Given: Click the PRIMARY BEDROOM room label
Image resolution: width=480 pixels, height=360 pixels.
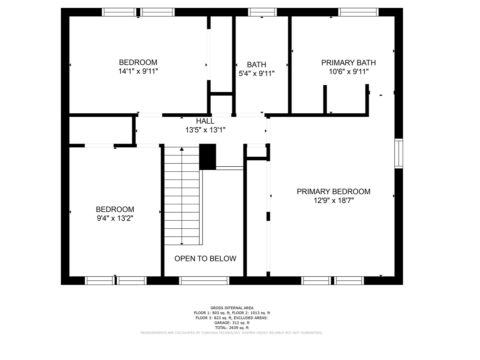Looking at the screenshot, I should coord(333,192).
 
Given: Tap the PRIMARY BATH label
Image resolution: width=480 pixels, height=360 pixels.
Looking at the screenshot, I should coord(348,63).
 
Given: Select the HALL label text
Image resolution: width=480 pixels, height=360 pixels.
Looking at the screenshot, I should coord(205,121).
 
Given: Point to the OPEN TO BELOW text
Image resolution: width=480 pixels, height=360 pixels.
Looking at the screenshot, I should coord(205,259).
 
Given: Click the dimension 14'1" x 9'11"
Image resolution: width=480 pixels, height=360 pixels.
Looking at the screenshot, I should coord(138,71).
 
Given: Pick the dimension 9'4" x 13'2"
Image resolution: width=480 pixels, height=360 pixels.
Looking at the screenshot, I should coord(115,218).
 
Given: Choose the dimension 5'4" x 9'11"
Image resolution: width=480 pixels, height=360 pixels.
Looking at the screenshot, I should coord(256,73).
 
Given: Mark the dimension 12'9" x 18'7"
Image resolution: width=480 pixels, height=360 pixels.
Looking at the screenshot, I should coord(333,201).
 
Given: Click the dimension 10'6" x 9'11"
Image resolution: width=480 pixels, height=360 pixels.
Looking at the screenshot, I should coord(348,72).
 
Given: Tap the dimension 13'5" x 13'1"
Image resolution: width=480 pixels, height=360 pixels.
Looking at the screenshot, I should coord(205,130).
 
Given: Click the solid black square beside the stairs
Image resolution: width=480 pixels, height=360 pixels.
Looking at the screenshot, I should coord(208,157).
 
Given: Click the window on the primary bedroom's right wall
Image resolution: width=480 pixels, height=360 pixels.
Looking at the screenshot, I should coord(399,153).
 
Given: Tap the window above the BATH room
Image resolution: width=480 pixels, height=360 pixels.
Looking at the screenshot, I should coord(262,12).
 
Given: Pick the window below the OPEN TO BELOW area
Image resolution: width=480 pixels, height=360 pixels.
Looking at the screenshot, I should coord(204,281).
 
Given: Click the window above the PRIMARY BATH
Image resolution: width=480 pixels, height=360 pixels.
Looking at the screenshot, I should coord(358,12).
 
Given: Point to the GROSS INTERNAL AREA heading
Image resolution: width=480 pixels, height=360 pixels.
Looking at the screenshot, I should coord(232,308).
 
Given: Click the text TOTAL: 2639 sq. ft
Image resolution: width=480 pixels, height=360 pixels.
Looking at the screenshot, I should coord(232,328).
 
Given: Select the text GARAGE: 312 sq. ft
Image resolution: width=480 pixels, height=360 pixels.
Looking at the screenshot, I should coord(232,323).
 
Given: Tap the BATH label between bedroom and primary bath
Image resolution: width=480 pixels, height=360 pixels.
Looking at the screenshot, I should coord(256,65).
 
